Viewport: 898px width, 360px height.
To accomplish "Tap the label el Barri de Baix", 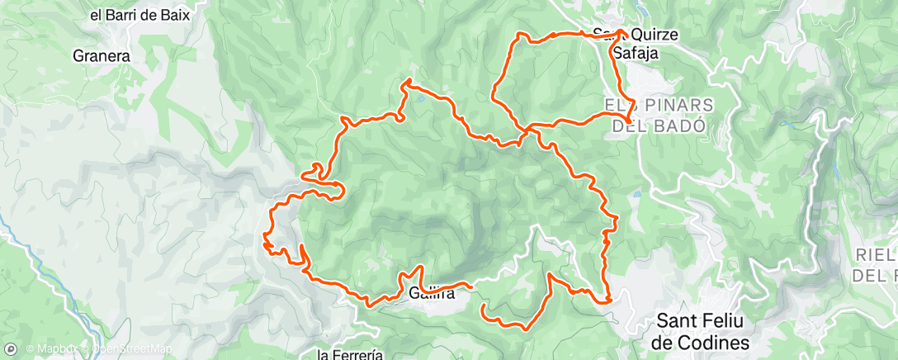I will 145,14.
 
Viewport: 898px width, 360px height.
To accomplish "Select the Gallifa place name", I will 431,291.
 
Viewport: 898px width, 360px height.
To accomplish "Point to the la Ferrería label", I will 350,354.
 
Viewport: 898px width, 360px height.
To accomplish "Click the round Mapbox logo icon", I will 11,348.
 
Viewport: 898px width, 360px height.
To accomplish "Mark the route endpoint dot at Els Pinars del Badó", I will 628,122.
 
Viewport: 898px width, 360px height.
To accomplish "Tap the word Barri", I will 124,14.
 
